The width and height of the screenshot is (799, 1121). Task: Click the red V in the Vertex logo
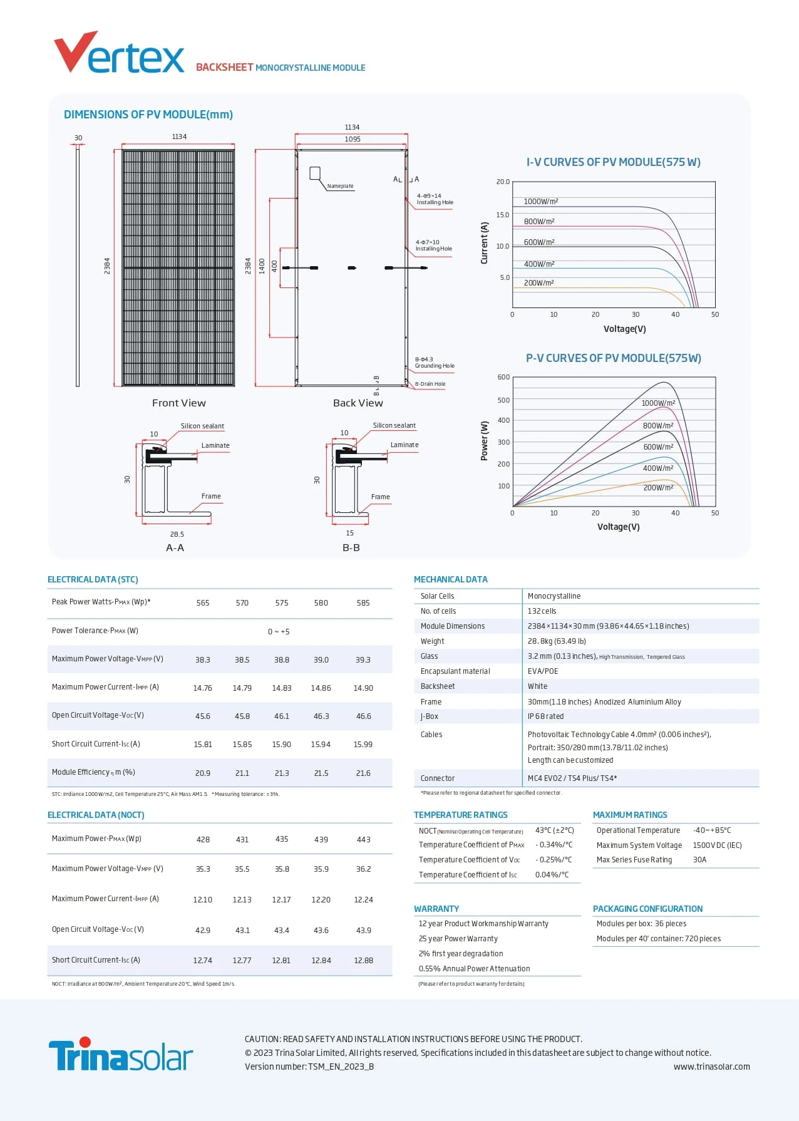pos(75,51)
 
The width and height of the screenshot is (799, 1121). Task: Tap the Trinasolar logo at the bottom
pos(120,1055)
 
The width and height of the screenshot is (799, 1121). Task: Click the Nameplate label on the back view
pos(340,186)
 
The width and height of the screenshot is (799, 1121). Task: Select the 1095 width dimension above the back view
pos(353,139)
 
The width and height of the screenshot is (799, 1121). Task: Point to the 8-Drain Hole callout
pos(430,384)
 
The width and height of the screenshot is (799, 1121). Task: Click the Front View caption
pos(178,403)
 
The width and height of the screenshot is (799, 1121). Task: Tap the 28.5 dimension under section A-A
pos(177,534)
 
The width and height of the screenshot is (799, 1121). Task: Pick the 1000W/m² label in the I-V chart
pos(540,202)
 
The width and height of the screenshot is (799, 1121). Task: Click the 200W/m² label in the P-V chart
pos(658,487)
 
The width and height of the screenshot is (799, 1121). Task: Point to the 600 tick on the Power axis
pos(503,377)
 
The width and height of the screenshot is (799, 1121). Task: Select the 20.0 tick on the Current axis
pos(503,182)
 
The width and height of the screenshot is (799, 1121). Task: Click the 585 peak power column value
pos(363,603)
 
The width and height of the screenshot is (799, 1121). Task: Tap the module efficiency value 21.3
pos(282,773)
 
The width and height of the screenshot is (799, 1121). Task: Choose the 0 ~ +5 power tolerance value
pos(279,631)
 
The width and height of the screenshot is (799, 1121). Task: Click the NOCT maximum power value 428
pos(203,840)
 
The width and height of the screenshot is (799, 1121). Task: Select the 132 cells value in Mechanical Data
pos(542,611)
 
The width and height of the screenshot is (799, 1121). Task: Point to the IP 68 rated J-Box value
pos(545,716)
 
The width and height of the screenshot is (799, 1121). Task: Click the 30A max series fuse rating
pos(699,860)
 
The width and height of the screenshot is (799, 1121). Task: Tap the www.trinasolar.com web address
pos(711,1067)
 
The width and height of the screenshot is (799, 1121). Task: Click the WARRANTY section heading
pos(436,909)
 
